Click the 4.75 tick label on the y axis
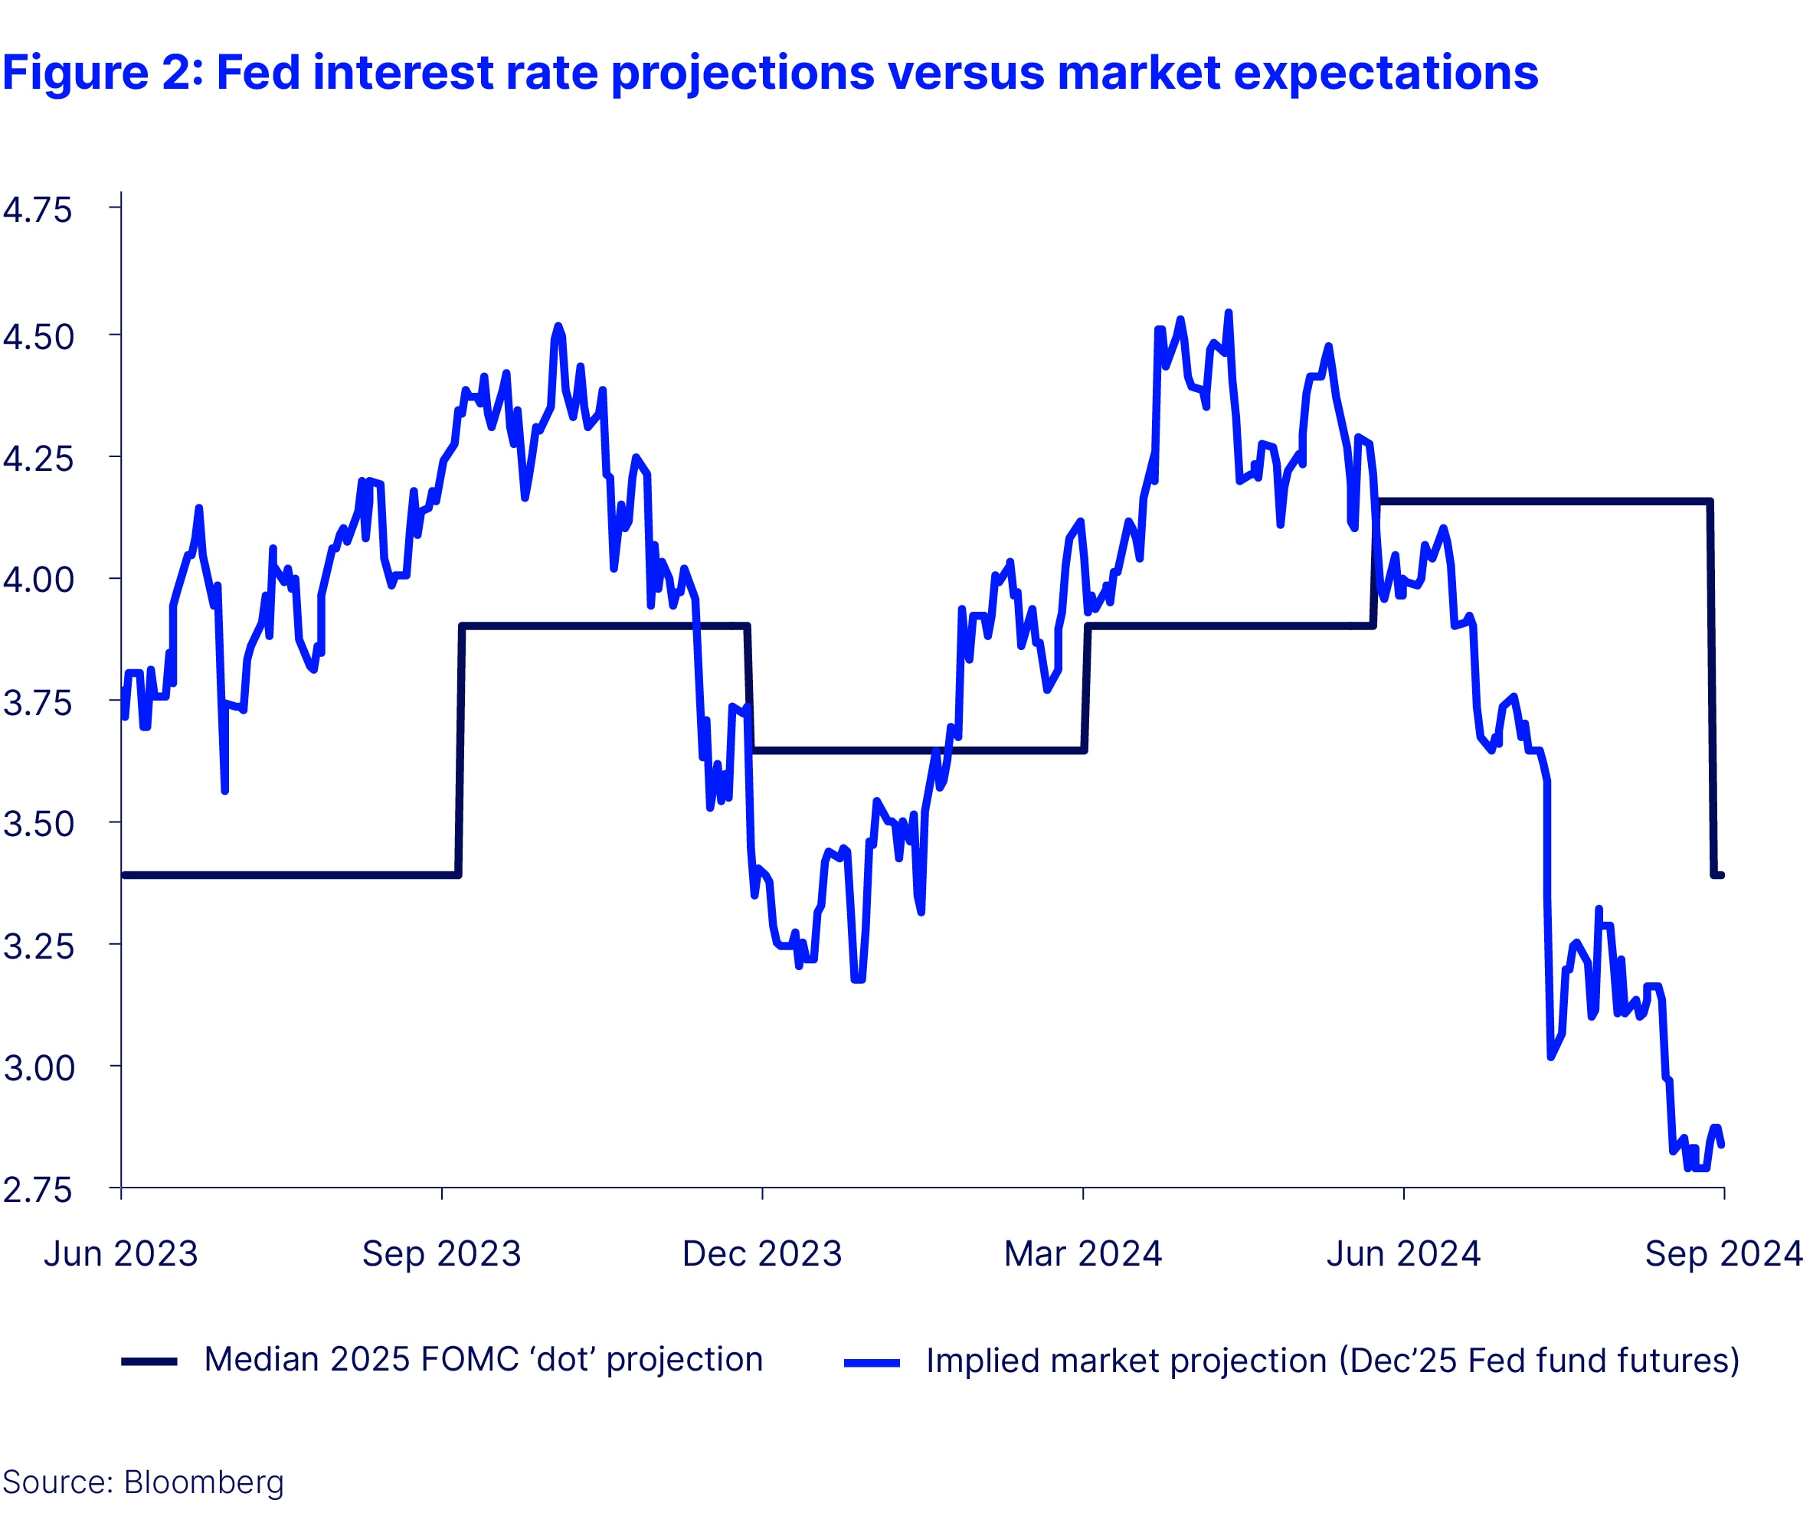(x=38, y=211)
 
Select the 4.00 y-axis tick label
(x=38, y=580)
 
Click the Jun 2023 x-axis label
(x=121, y=1253)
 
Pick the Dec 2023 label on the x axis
(x=761, y=1253)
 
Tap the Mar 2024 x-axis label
(x=1082, y=1253)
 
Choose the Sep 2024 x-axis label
(x=1723, y=1253)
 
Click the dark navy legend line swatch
(x=149, y=1361)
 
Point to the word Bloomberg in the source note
(x=204, y=1482)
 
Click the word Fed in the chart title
(x=258, y=73)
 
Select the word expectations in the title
(x=1386, y=73)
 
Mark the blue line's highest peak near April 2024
(x=1228, y=313)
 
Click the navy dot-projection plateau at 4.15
(x=1540, y=501)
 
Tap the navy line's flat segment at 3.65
(x=918, y=750)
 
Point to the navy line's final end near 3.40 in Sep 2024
(x=1720, y=875)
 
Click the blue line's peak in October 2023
(x=558, y=326)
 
